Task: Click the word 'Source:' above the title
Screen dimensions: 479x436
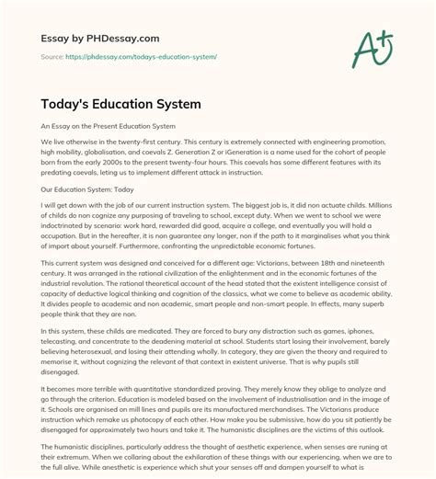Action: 52,56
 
